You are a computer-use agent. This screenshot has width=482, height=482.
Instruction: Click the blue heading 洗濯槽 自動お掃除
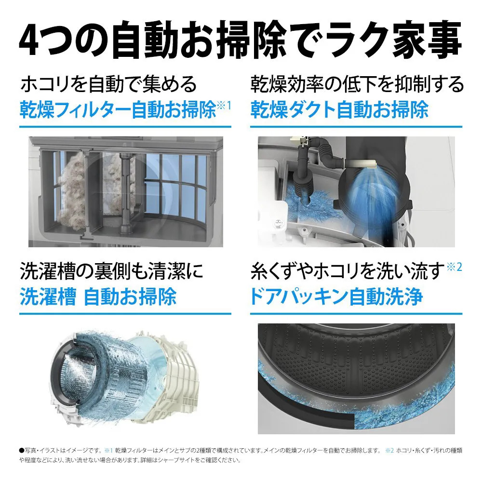(x=98, y=296)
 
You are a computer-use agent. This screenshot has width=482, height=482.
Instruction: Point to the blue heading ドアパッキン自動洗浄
(x=336, y=296)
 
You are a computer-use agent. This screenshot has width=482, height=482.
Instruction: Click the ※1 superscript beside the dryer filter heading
(x=224, y=106)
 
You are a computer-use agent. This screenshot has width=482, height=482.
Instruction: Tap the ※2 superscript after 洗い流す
(x=455, y=267)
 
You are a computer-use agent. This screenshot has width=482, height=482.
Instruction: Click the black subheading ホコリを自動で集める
(x=108, y=84)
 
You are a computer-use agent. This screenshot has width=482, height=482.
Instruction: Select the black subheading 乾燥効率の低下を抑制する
(x=357, y=84)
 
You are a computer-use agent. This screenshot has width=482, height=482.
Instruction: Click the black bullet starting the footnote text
(x=22, y=451)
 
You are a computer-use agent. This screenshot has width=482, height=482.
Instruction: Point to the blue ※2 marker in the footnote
(x=389, y=451)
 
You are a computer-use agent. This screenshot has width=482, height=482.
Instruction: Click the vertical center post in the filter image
(x=126, y=193)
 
